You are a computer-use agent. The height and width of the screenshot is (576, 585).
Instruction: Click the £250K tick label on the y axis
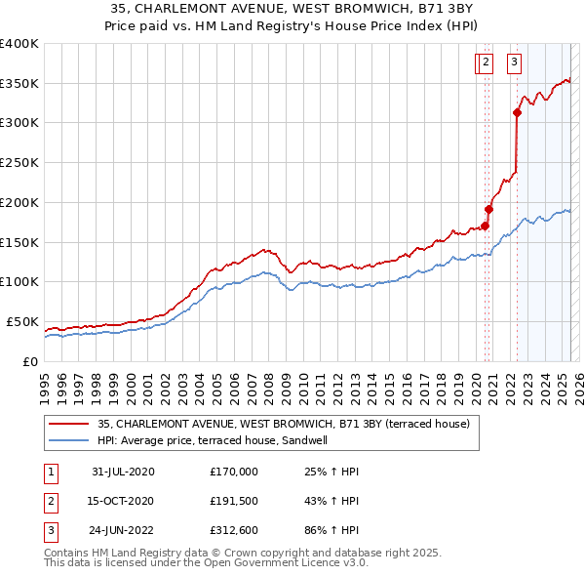19,162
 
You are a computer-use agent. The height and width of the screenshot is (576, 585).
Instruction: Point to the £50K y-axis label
22,321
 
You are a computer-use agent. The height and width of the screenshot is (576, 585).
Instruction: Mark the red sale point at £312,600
517,112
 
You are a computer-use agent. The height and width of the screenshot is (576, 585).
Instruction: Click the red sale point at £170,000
485,226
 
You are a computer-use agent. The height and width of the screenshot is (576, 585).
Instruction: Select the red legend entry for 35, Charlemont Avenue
284,424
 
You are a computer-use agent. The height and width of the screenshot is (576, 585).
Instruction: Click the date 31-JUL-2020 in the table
123,472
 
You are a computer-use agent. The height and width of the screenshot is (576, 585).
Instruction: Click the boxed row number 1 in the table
48,472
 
